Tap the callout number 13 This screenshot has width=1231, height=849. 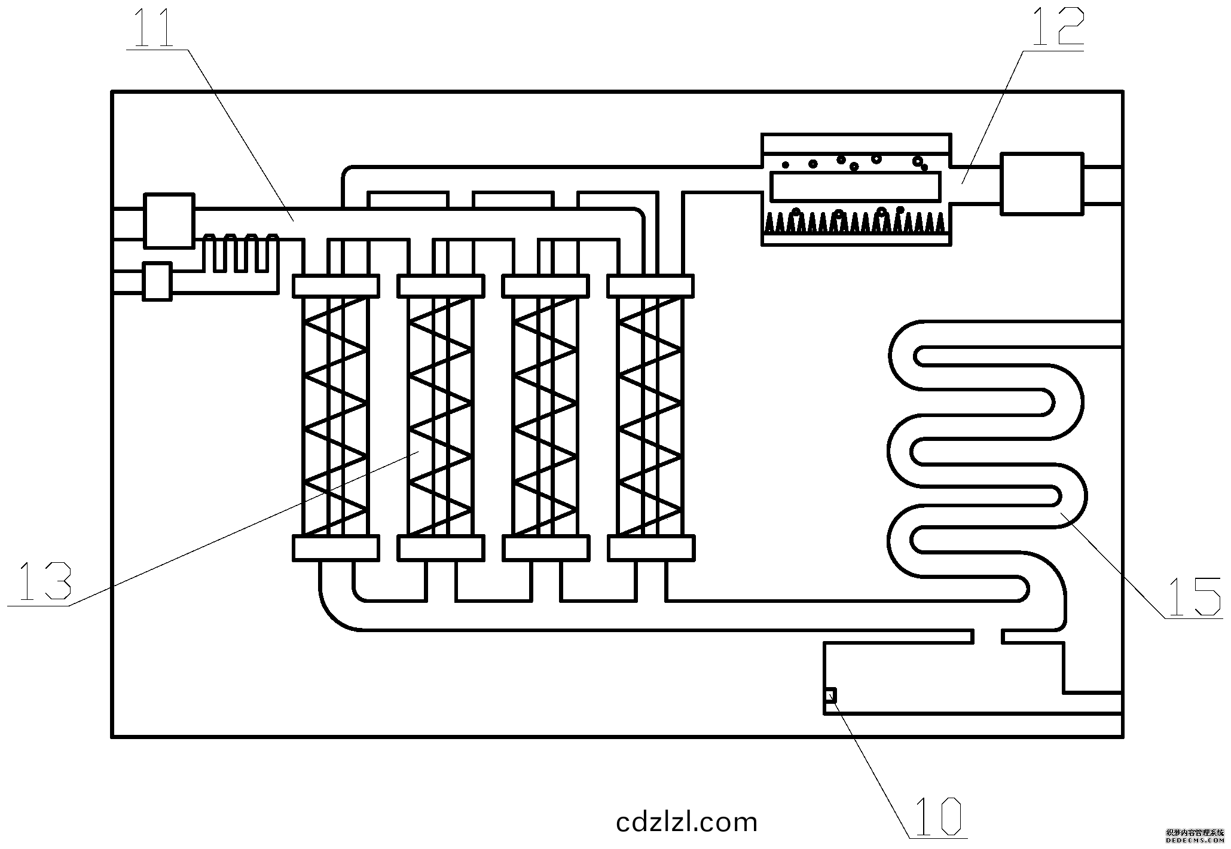[x=45, y=581]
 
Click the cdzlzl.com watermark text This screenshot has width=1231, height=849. [x=686, y=822]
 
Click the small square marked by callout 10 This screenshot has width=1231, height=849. [x=830, y=695]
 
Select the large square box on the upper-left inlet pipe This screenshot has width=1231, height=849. [x=169, y=220]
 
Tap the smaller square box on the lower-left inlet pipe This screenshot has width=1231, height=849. [x=157, y=281]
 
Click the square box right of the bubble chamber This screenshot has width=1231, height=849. [x=1041, y=184]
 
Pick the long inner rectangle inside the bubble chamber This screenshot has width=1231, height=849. [x=855, y=186]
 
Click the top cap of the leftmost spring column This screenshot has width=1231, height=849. [x=335, y=286]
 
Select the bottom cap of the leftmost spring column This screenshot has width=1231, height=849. [x=335, y=548]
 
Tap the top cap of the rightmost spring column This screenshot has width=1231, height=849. [x=650, y=286]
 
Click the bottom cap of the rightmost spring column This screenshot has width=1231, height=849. [x=650, y=548]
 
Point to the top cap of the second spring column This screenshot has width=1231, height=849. [x=441, y=286]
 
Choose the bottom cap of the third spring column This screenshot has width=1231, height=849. [x=546, y=548]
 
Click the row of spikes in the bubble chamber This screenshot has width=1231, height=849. [x=855, y=222]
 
